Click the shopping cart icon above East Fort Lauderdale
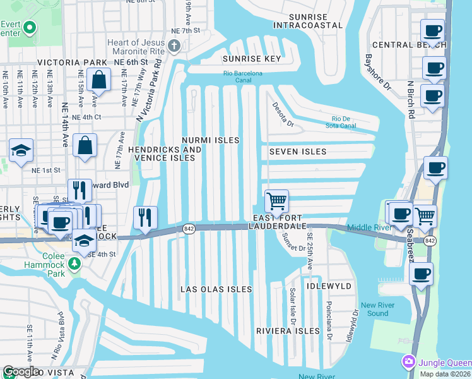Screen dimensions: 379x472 [x=276, y=202]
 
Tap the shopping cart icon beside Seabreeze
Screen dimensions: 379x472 [x=425, y=216]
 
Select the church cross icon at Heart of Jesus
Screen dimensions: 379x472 [x=177, y=46]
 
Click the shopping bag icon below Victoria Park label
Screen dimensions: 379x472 [x=99, y=80]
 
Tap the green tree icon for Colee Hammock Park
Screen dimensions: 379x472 [x=75, y=262]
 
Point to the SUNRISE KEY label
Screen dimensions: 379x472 [x=251, y=59]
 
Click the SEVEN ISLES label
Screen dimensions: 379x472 [x=298, y=152]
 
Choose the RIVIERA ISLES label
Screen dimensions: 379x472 [x=288, y=331]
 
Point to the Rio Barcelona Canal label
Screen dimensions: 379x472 [x=242, y=77]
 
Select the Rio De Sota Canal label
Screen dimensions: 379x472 [x=344, y=122]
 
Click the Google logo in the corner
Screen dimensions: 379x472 [x=21, y=371]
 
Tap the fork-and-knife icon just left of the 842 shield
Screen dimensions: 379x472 [x=146, y=217]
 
